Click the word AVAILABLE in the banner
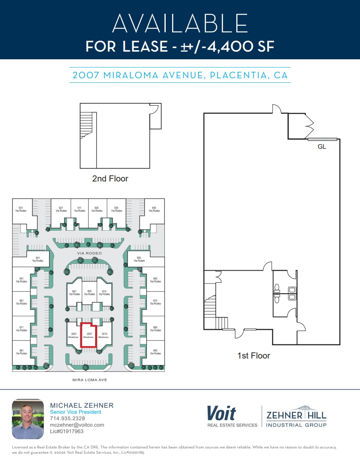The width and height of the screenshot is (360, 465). click(180, 23)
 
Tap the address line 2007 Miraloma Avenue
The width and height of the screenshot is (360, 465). click(180, 75)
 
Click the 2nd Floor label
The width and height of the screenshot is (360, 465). click(110, 178)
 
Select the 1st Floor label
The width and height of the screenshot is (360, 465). click(254, 355)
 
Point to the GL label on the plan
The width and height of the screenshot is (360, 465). click(322, 147)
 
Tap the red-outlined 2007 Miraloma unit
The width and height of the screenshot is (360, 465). click(88, 335)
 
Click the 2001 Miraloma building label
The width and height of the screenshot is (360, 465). click(74, 335)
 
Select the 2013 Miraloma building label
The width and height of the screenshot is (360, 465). click(104, 335)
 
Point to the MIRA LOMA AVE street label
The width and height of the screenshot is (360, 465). click(89, 380)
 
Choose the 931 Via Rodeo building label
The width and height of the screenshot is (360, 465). click(21, 209)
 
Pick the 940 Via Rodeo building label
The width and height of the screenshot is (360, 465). click(154, 209)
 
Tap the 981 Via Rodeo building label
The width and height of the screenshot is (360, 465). click(21, 352)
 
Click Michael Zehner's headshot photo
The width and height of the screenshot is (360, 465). click(28, 419)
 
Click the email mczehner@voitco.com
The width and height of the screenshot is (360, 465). click(77, 425)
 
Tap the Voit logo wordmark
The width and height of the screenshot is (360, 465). click(221, 414)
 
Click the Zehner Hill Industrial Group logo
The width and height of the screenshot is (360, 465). click(296, 416)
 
